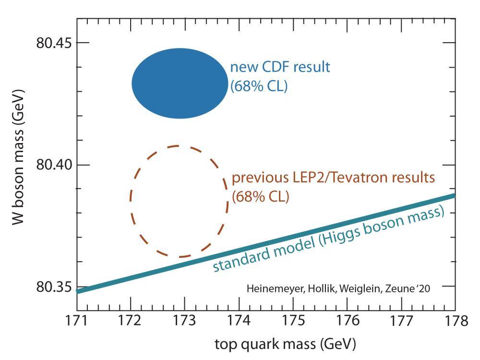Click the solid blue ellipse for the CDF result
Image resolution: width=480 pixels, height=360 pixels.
pyautogui.click(x=180, y=84)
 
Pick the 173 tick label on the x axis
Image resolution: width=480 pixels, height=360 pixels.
pyautogui.click(x=184, y=321)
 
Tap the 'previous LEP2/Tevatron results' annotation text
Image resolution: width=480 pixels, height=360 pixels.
pyautogui.click(x=333, y=179)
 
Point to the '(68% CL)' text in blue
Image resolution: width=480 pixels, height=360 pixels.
pyautogui.click(x=259, y=87)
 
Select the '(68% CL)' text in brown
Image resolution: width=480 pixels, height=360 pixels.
pyautogui.click(x=260, y=197)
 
